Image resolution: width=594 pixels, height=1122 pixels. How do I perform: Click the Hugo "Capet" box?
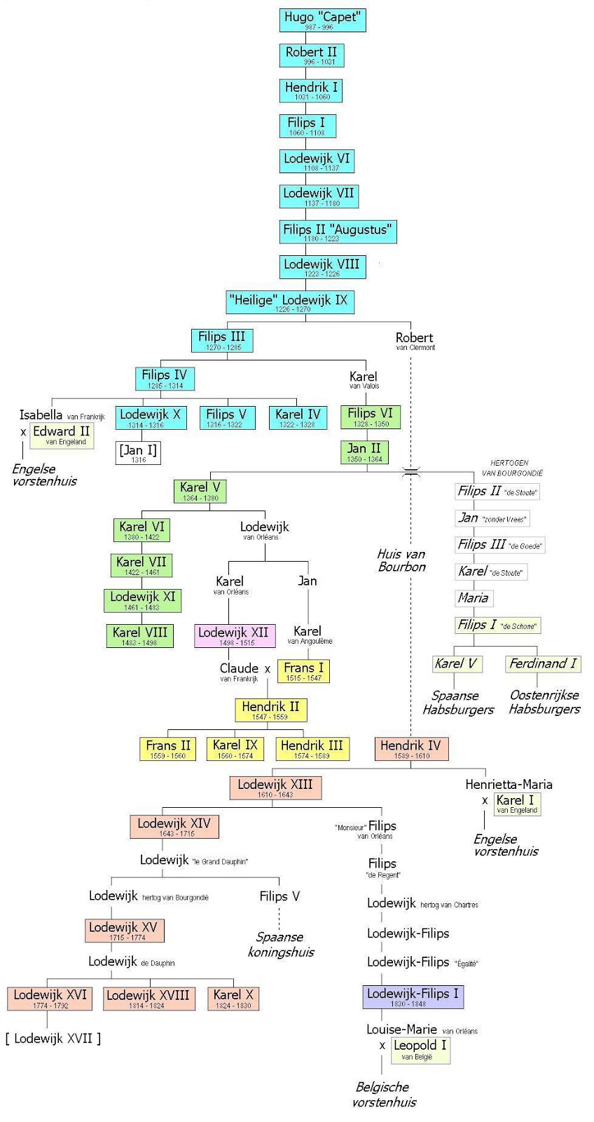[322, 20]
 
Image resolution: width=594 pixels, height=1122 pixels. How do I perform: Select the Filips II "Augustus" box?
[337, 232]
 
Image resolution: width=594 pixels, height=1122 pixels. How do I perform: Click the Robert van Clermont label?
[415, 341]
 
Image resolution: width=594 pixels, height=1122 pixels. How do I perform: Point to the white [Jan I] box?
[138, 452]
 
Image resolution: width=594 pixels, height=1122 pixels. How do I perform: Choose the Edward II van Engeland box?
[62, 435]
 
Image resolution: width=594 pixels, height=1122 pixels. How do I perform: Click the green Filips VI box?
[371, 417]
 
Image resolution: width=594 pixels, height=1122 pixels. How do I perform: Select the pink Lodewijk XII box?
[233, 635]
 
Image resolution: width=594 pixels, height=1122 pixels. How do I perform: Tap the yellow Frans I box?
[303, 671]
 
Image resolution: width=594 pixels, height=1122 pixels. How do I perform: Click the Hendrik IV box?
[411, 749]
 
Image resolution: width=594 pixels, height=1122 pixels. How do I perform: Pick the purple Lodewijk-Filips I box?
[413, 996]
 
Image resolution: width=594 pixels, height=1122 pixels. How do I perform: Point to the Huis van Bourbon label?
[402, 560]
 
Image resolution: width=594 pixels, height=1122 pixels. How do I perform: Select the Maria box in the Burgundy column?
[474, 598]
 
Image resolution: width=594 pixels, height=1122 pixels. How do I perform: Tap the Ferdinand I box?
[543, 663]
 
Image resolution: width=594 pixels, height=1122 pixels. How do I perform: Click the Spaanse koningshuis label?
[281, 944]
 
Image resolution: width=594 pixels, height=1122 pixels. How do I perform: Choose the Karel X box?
[233, 998]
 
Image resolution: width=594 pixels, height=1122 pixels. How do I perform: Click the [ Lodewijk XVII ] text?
[53, 1038]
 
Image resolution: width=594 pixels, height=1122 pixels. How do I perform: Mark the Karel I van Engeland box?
[516, 804]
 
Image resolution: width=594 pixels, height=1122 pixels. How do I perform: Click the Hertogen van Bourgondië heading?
[512, 468]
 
